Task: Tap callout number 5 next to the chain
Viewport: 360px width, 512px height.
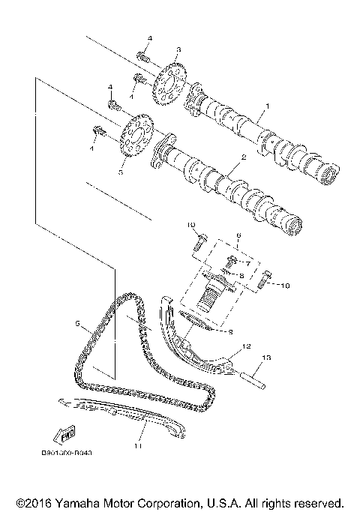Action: click(x=76, y=323)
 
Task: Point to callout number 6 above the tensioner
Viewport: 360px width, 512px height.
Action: click(x=238, y=235)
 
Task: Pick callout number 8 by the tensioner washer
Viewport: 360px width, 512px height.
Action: click(x=242, y=277)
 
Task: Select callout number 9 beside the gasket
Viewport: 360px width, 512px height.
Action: click(x=231, y=331)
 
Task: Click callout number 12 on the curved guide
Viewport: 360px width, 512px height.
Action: click(x=244, y=348)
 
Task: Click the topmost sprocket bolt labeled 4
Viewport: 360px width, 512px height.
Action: click(x=144, y=55)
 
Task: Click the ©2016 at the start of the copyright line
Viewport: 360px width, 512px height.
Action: click(x=32, y=501)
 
